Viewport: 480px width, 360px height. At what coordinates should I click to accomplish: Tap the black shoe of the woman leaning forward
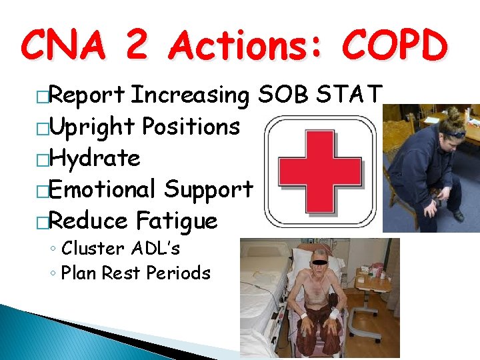458,215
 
